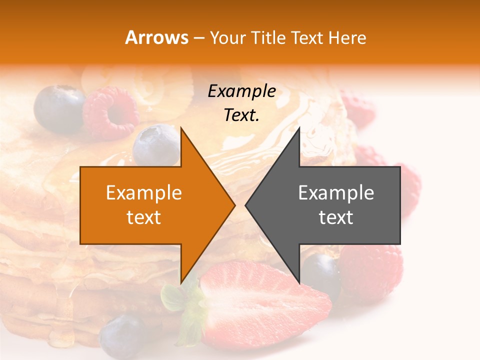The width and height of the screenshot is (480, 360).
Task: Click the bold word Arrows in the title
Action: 156,37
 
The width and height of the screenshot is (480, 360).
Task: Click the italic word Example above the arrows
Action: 241,91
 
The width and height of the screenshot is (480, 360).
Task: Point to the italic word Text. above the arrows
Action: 241,115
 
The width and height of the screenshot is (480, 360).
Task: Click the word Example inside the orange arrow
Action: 143,193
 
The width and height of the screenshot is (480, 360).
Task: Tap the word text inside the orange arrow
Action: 143,217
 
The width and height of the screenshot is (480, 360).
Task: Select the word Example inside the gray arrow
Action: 336,193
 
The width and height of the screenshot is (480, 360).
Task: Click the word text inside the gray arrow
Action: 336,217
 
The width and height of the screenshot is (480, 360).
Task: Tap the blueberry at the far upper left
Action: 59,108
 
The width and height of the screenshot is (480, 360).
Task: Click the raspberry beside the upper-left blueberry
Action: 111,112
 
